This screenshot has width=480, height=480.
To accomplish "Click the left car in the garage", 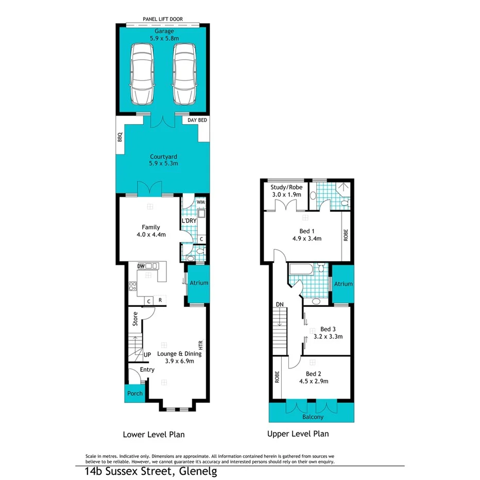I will [142, 74].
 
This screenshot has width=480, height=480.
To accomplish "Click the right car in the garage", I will [184, 74].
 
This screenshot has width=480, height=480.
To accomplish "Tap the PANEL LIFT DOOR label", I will [163, 20].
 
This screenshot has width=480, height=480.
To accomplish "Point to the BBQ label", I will [120, 138].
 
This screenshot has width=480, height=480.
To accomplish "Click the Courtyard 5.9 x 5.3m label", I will [164, 160].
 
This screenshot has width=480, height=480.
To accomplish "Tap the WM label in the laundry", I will [200, 202].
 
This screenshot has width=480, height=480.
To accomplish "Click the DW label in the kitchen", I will [141, 266].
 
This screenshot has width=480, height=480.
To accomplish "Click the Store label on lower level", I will [135, 319].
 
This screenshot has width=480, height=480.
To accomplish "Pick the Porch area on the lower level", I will [135, 393].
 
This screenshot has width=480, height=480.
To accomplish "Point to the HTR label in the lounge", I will [201, 344].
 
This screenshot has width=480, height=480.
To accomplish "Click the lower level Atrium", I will [198, 283].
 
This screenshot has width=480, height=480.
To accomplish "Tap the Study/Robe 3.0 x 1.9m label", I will [286, 191].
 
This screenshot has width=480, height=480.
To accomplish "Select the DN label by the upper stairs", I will [280, 304].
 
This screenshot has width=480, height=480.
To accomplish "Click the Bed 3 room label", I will [328, 333].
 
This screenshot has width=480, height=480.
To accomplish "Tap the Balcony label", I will [313, 417].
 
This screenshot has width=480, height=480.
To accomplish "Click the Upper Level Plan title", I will [298, 434].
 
